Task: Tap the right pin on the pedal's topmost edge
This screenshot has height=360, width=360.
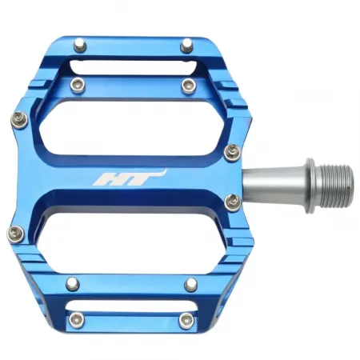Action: (x=186, y=45)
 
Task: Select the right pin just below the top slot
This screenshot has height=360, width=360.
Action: (x=189, y=84)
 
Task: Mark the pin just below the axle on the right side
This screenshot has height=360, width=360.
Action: (x=234, y=202)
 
